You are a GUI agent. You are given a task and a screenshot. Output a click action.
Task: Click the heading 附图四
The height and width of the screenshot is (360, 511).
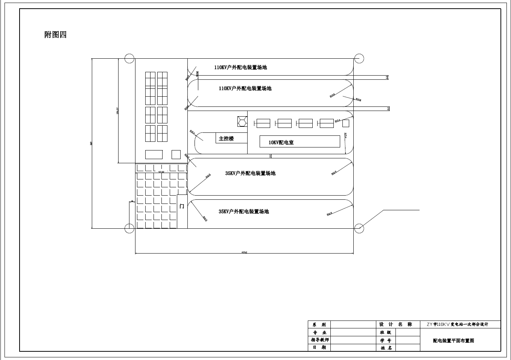click(55, 35)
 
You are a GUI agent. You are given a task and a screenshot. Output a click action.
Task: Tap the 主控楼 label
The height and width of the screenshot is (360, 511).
click(226, 138)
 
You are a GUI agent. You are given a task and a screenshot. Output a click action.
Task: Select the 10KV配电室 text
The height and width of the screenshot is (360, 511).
click(281, 143)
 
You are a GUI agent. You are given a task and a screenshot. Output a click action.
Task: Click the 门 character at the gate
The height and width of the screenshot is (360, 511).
click(182, 207)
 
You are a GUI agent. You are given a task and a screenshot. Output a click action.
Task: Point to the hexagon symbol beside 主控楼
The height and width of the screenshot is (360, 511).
click(242, 122)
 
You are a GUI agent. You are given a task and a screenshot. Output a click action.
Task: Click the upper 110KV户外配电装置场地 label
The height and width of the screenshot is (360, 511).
click(240, 68)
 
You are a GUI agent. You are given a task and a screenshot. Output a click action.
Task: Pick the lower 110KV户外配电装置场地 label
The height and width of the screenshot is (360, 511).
click(245, 89)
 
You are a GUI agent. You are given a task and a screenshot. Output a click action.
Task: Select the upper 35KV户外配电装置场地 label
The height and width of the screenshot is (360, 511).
click(250, 173)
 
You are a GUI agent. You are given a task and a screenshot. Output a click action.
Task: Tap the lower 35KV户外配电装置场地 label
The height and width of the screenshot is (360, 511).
click(243, 212)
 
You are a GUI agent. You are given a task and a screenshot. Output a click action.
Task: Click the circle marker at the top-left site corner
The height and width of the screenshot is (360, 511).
click(129, 58)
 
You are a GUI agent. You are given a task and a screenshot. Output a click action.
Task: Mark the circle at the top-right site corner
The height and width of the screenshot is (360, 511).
click(359, 58)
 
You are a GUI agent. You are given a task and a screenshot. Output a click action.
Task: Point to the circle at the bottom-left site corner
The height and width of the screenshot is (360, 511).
click(129, 228)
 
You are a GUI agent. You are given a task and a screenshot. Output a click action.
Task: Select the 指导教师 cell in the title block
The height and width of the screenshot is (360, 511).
click(319, 340)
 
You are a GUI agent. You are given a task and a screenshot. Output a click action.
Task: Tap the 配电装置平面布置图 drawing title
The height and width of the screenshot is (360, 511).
click(453, 341)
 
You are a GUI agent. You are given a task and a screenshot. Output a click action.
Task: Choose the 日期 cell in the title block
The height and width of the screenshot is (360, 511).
click(319, 348)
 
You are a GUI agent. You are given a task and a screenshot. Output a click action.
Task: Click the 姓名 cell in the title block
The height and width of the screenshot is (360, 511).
click(386, 348)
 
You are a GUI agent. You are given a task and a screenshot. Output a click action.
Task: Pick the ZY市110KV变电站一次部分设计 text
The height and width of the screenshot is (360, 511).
click(457, 324)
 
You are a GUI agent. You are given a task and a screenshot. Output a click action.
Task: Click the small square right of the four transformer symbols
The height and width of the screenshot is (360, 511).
click(345, 123)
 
